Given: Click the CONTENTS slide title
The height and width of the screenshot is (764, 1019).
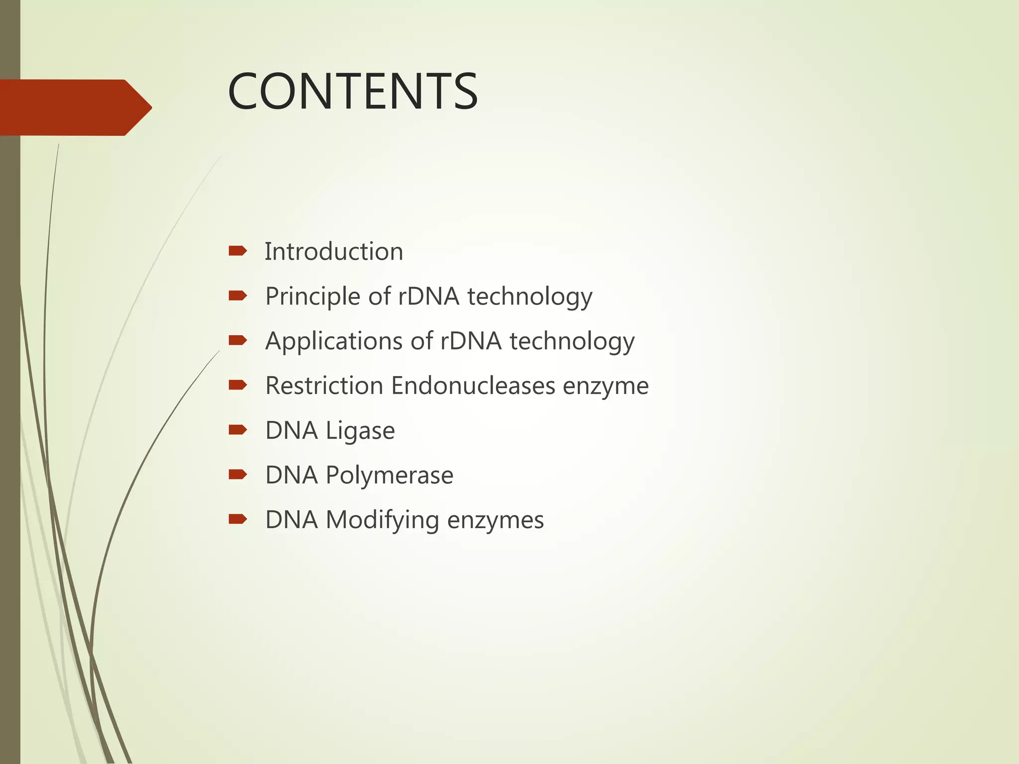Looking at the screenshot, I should [352, 92].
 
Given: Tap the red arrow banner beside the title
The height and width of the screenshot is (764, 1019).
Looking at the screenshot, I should [75, 107].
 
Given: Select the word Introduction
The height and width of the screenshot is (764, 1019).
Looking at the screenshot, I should [333, 252].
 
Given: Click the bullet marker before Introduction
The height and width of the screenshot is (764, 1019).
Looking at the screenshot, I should [237, 251].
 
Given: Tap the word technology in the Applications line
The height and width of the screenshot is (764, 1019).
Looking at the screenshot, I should [572, 341].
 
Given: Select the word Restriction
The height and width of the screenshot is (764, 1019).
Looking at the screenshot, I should [324, 386].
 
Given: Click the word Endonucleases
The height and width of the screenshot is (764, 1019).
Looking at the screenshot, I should [473, 386].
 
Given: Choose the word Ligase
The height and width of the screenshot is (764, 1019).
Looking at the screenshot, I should [360, 431].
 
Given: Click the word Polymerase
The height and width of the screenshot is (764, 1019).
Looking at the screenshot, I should [389, 476].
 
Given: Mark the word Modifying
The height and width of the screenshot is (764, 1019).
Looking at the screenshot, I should [382, 520].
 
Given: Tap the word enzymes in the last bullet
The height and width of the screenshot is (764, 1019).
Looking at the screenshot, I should [495, 520].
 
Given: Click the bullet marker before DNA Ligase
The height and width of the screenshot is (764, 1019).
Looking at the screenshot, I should [237, 430].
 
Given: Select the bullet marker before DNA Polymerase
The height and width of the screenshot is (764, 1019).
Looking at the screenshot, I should [237, 475].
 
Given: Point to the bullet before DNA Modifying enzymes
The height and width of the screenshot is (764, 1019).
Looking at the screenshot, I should [237, 519].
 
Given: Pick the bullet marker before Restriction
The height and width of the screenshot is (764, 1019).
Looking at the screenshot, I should [237, 385].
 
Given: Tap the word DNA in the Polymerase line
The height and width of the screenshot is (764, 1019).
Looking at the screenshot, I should [291, 476].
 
